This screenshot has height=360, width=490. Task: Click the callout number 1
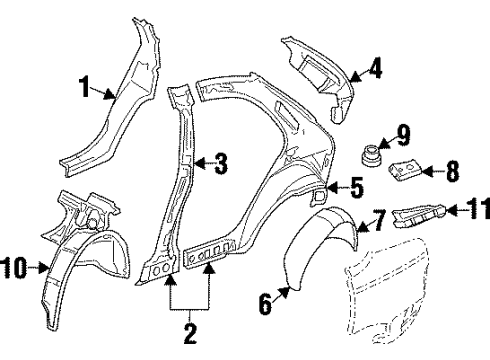[86, 87]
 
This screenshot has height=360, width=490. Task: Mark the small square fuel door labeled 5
[321, 198]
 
